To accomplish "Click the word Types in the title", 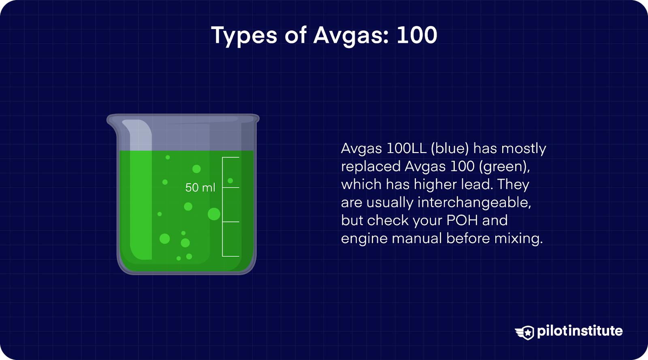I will coord(244,35).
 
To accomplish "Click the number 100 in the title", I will coord(417,35).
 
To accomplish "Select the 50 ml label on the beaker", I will coord(200,187).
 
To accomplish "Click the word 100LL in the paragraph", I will coord(406,148).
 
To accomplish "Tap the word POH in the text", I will coord(462,220).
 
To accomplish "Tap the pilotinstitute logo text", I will coord(580,331).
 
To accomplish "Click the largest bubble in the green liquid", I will coord(214,214).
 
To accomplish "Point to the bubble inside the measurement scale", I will coord(230,181).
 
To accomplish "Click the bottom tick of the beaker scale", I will coord(231,256).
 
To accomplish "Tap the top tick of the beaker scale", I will coord(231,158).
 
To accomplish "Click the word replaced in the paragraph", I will coord(371,166).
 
